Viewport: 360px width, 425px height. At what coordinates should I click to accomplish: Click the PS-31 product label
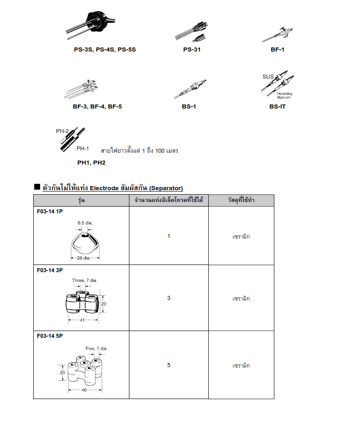click(x=191, y=49)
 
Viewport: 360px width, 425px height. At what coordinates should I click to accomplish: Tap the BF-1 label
click(x=278, y=49)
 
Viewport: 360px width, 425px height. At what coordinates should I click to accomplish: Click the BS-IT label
click(x=278, y=106)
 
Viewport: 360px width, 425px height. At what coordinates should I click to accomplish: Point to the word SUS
click(x=268, y=77)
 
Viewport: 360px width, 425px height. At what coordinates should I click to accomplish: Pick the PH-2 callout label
click(x=62, y=131)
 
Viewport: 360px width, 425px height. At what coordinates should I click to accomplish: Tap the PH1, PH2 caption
click(x=91, y=162)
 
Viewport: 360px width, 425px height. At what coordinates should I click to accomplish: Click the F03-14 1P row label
click(x=50, y=212)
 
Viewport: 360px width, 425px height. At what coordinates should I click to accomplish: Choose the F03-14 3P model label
click(x=50, y=270)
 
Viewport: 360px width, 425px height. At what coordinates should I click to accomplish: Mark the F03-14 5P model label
click(x=50, y=336)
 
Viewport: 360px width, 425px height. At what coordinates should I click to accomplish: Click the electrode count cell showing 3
click(x=169, y=298)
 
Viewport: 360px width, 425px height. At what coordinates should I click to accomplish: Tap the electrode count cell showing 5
click(x=169, y=365)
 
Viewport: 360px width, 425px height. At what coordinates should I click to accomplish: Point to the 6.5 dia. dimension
click(x=85, y=223)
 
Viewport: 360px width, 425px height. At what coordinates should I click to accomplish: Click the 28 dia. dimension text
click(x=84, y=259)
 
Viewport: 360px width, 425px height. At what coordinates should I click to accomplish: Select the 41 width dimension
click(x=82, y=320)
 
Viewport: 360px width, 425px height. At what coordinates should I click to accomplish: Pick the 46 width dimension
click(x=84, y=390)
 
